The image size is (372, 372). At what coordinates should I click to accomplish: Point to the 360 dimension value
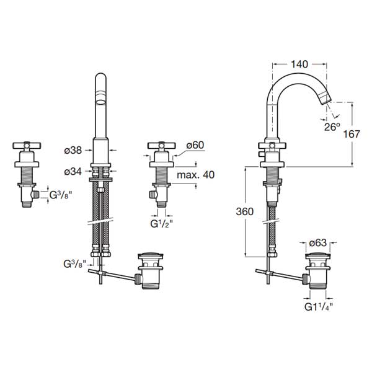pyautogui.click(x=246, y=211)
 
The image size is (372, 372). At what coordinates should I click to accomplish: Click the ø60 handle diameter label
pyautogui.click(x=194, y=146)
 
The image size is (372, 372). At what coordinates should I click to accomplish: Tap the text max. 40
pyautogui.click(x=195, y=175)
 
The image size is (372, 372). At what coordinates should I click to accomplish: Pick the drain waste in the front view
pyautogui.click(x=148, y=270)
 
